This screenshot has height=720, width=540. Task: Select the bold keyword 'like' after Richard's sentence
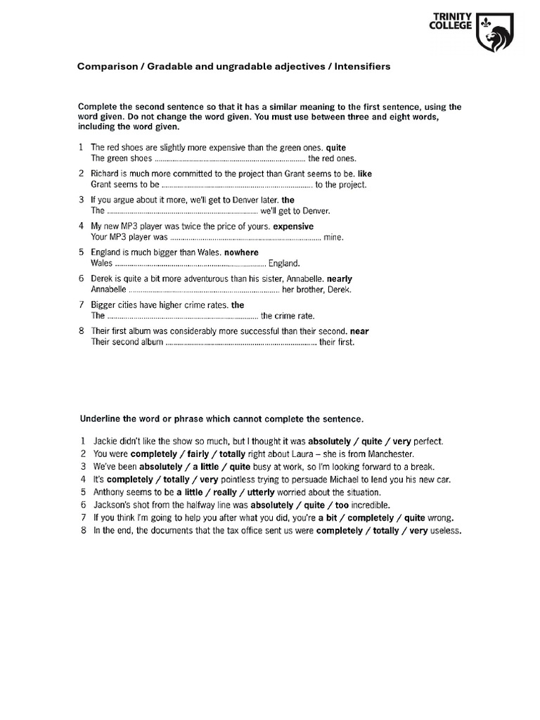click(365, 174)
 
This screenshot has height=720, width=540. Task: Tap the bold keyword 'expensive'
click(293, 226)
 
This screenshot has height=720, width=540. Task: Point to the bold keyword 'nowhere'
click(241, 252)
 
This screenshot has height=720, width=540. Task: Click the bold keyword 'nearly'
click(340, 278)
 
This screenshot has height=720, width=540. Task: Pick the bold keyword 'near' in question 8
click(359, 331)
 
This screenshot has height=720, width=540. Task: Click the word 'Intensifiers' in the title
click(362, 67)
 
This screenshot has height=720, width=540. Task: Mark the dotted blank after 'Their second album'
click(240, 342)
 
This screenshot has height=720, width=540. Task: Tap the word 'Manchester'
click(389, 454)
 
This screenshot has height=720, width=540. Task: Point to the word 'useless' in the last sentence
click(444, 530)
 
